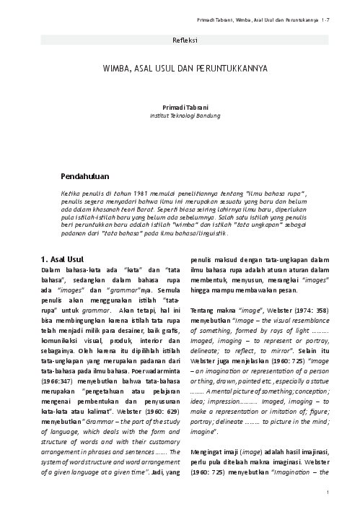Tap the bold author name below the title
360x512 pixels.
[x=180, y=106]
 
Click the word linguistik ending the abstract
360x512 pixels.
[x=216, y=235]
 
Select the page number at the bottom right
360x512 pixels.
[x=328, y=493]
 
